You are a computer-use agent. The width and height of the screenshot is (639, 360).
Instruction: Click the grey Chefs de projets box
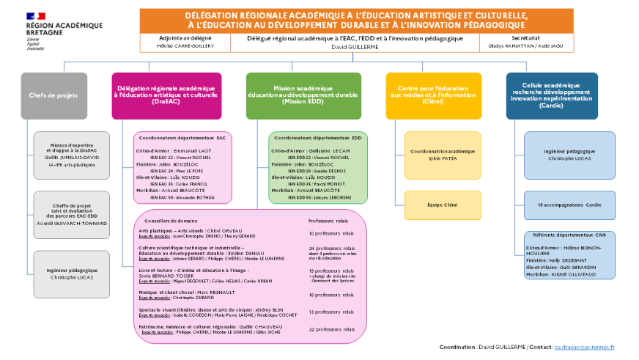click(x=53, y=95)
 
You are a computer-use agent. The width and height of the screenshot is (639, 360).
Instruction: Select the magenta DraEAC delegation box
click(x=166, y=95)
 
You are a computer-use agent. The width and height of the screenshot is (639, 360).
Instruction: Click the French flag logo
click(x=35, y=15)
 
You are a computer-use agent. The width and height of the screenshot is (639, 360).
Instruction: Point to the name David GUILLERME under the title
click(x=355, y=45)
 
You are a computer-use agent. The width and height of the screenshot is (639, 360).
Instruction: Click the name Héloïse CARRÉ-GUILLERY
click(x=185, y=45)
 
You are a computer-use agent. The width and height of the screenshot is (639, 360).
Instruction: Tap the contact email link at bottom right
click(x=584, y=347)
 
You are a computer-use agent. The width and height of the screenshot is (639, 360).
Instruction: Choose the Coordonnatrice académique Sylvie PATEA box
click(x=443, y=155)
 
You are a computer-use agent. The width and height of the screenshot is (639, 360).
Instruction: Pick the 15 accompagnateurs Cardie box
click(x=569, y=205)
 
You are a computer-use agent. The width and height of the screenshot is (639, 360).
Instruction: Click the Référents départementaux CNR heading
click(x=570, y=235)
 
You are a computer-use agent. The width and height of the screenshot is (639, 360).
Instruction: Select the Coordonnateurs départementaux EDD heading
click(x=317, y=137)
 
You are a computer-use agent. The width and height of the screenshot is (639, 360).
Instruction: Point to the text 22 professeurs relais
click(x=331, y=329)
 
